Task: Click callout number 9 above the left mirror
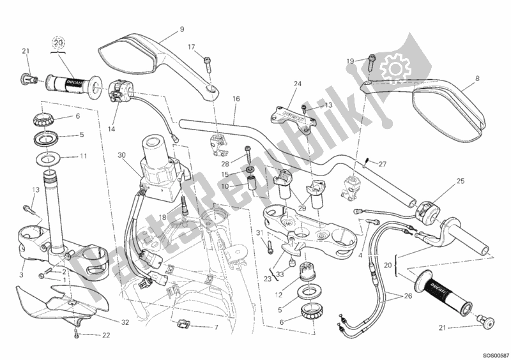click(x=182, y=29)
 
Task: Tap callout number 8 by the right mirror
click(x=477, y=79)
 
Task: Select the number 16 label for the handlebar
click(x=236, y=99)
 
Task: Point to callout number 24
click(x=297, y=84)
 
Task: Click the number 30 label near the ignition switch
click(x=122, y=154)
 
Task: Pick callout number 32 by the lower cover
click(x=126, y=322)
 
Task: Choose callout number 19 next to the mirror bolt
click(x=350, y=61)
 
